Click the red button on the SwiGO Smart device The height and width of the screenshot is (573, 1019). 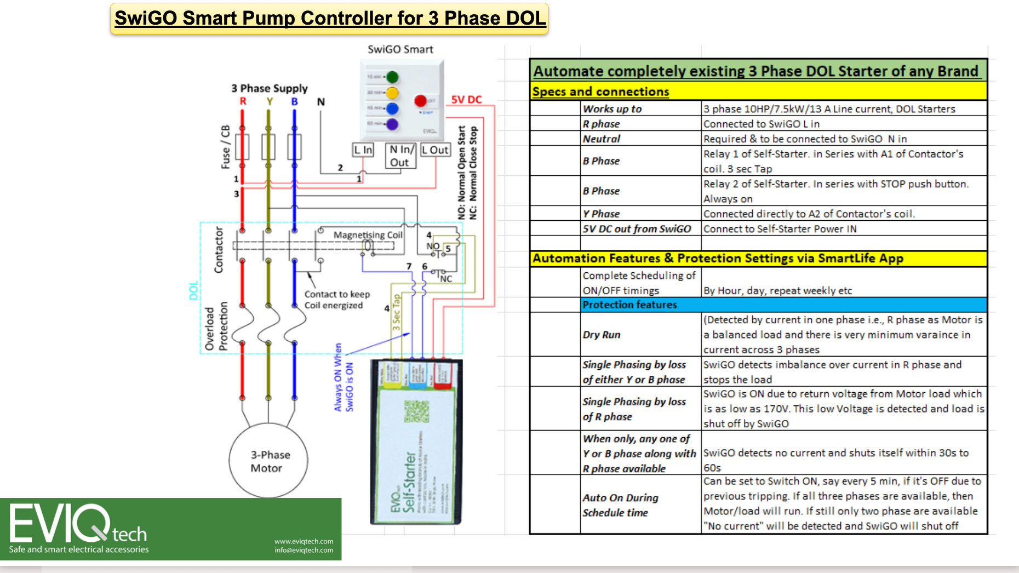(420, 101)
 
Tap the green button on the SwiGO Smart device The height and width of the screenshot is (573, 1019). (392, 77)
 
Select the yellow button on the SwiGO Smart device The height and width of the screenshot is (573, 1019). (392, 93)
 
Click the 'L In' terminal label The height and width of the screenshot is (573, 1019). (363, 150)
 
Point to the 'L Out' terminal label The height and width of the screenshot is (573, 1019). (436, 150)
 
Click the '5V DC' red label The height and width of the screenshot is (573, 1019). (466, 99)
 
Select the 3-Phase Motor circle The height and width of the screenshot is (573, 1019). (268, 461)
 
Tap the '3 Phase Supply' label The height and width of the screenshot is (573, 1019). (269, 88)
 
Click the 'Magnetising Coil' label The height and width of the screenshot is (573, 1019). (368, 234)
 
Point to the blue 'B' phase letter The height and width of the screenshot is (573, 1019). (295, 101)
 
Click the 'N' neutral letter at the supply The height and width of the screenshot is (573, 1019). (321, 101)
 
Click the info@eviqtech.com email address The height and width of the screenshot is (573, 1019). (304, 550)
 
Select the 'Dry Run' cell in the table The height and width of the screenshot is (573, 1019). (602, 335)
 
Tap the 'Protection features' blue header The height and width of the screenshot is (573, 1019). (629, 305)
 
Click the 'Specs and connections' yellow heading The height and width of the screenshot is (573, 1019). (600, 91)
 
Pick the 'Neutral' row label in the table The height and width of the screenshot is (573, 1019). (602, 139)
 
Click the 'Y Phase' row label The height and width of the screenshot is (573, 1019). (601, 214)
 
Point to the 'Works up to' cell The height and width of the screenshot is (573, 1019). (612, 109)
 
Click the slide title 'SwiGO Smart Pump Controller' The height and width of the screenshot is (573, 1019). (330, 18)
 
